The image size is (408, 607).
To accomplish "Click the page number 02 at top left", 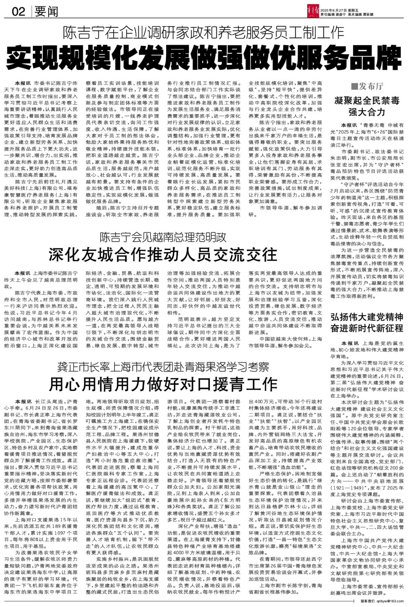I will coord(18,12).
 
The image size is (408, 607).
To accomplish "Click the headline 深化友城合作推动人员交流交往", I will coord(163,255).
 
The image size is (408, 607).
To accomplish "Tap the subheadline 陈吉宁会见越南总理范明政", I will coord(163,237).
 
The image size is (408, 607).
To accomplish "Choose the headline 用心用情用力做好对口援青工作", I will coord(163,384).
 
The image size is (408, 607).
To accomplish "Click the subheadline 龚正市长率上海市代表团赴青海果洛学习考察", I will coord(163,367).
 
